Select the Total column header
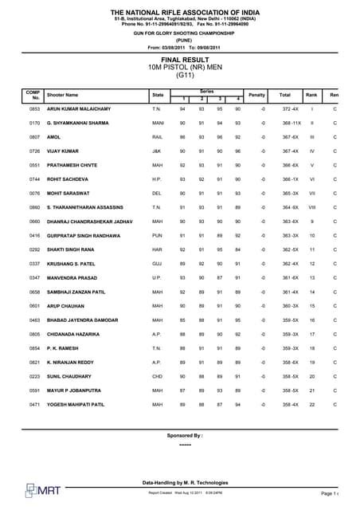[x=284, y=94]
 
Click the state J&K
[x=157, y=151]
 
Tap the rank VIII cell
[x=312, y=207]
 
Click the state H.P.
[x=158, y=178]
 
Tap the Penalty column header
[x=256, y=94]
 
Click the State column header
[x=157, y=94]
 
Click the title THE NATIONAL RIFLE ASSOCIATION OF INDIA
[x=180, y=13]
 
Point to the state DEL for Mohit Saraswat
[x=157, y=193]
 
